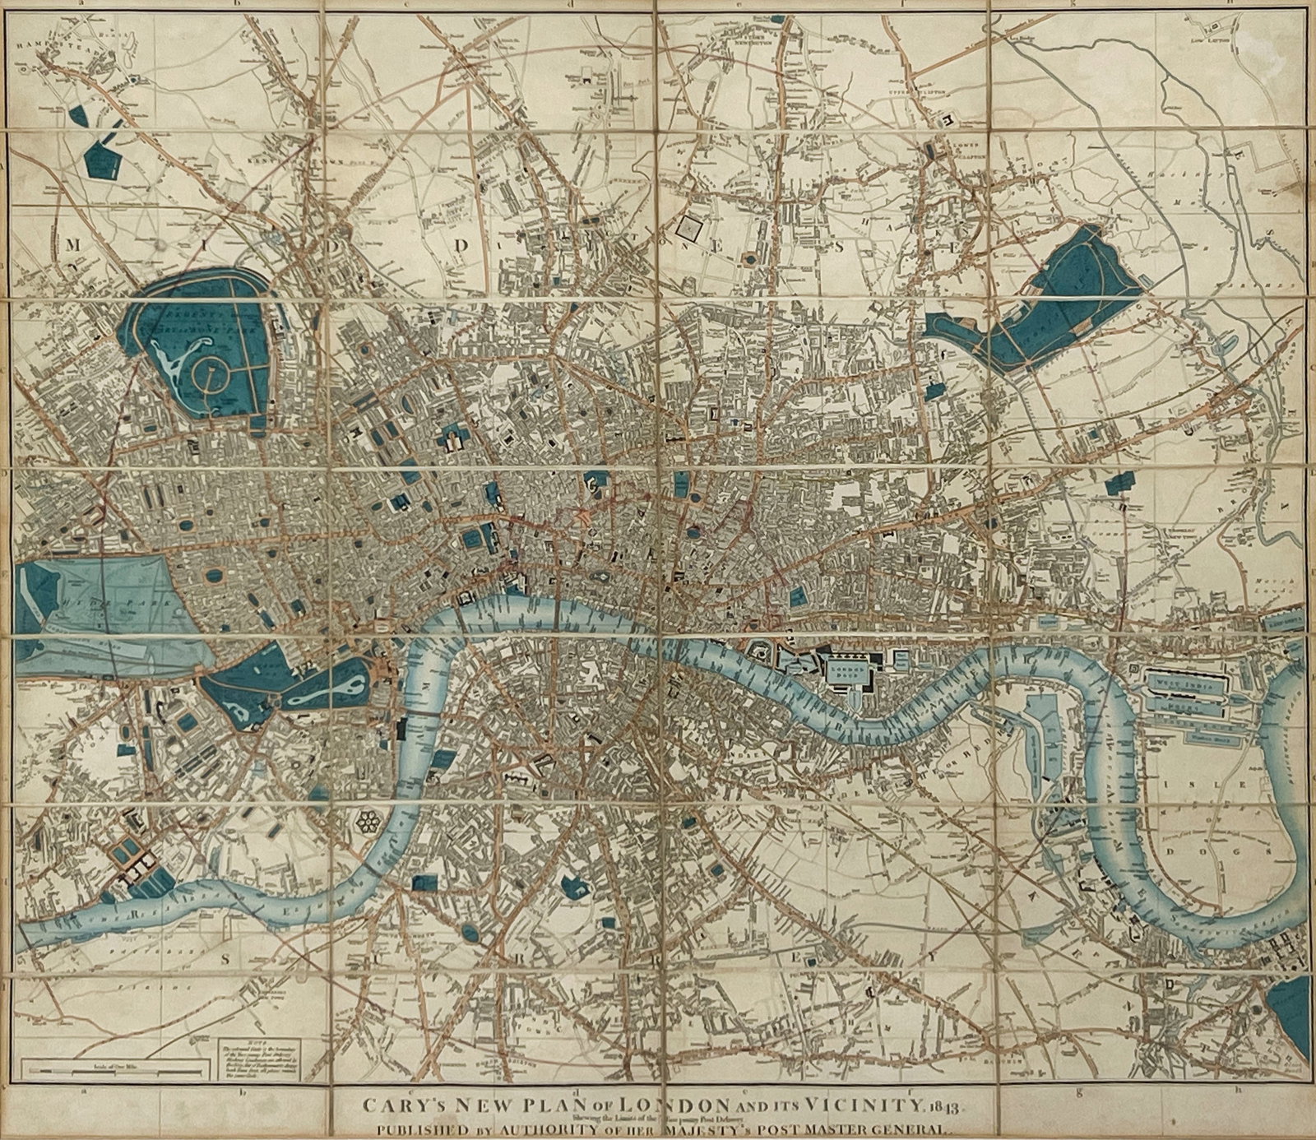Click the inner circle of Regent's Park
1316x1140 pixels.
pos(211,378)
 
